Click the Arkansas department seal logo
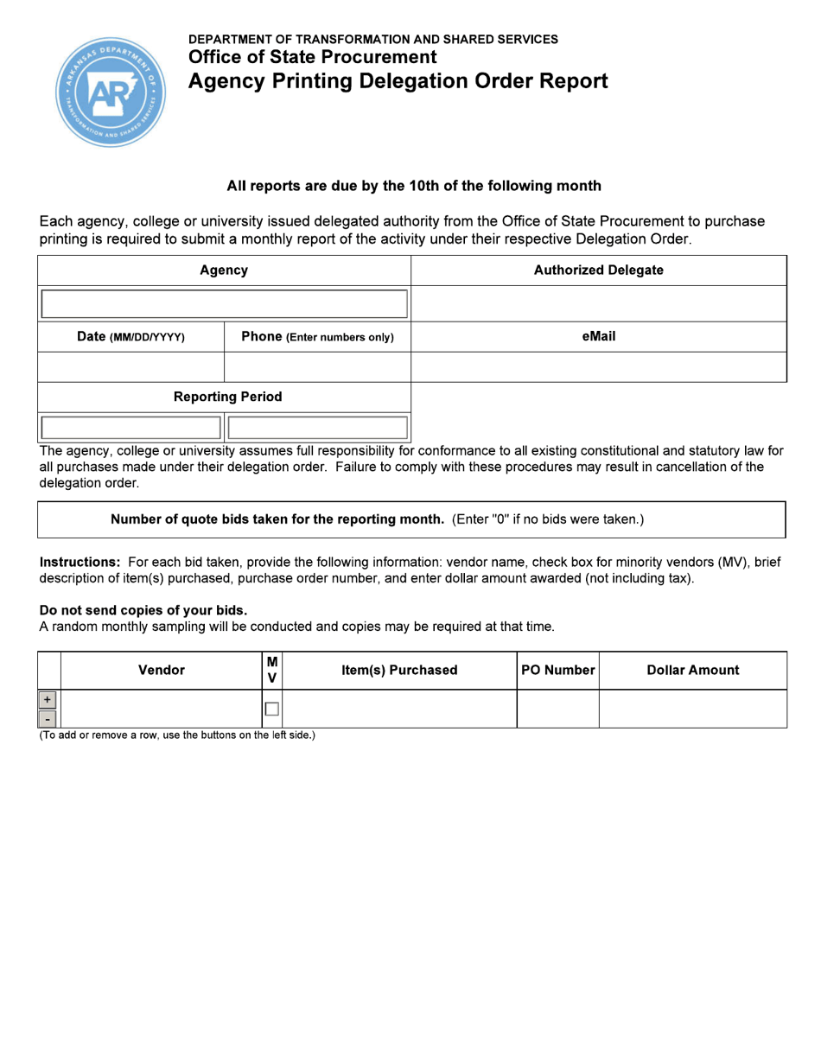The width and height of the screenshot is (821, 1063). (x=111, y=92)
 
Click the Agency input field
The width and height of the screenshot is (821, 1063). (x=224, y=304)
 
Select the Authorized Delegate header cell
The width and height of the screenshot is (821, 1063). (x=598, y=271)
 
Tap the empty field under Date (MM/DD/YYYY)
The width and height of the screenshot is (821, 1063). (x=130, y=367)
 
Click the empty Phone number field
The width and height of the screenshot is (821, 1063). (x=317, y=367)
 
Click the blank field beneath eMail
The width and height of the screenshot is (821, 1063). (x=598, y=367)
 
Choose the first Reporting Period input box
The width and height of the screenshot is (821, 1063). (x=130, y=428)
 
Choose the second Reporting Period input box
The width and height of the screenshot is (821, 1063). (x=317, y=428)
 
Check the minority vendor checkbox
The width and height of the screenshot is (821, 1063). (x=271, y=709)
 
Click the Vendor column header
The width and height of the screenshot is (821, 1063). (x=162, y=670)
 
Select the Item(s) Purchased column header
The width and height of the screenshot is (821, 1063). (x=399, y=670)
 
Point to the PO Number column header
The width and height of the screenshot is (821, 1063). (x=558, y=670)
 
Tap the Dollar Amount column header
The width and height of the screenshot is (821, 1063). (x=692, y=670)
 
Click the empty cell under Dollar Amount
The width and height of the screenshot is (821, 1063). (x=692, y=709)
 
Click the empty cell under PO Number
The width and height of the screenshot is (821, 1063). (x=558, y=709)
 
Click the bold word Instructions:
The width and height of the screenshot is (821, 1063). (x=80, y=562)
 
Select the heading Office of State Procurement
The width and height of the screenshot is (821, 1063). (x=312, y=58)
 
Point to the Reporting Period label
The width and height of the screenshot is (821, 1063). (x=227, y=398)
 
